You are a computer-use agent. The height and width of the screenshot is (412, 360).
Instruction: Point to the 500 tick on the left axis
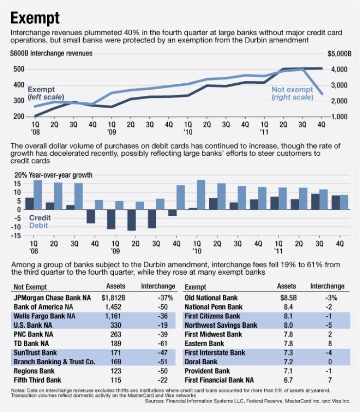pos(18,69)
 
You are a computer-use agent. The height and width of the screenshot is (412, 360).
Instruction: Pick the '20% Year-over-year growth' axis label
pos(51,175)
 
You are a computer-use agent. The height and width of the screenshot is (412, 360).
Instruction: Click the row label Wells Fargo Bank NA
pos(44,316)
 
